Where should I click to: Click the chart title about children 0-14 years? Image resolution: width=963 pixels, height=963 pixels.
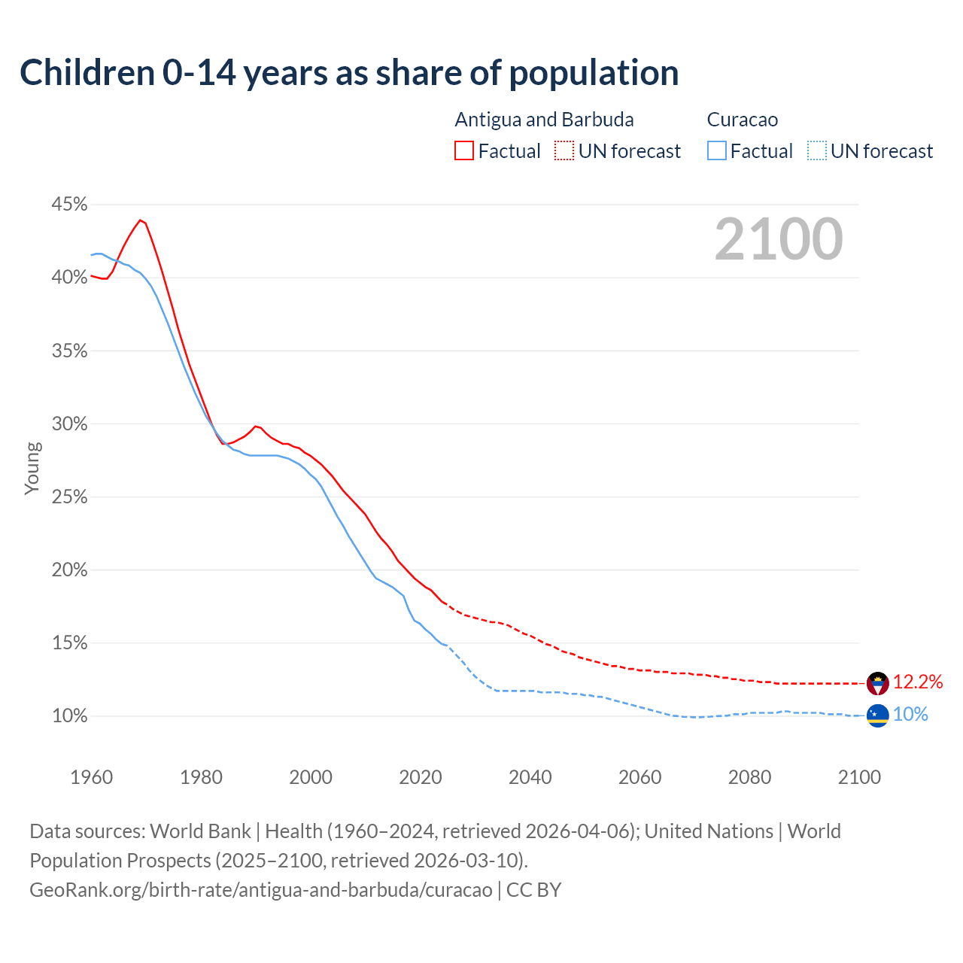[349, 73]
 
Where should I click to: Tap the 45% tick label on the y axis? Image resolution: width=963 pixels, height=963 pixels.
[69, 205]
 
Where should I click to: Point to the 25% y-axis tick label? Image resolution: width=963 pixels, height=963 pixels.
[69, 497]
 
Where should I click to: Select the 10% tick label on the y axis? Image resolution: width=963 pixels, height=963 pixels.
[69, 716]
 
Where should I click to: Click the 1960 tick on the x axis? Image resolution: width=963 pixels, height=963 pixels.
[91, 777]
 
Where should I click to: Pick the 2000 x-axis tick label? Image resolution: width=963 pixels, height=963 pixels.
[311, 777]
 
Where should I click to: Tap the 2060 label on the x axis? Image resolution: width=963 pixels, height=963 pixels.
[639, 777]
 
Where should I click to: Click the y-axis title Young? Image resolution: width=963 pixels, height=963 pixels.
[32, 468]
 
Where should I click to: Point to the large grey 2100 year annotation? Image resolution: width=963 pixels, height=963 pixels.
[779, 239]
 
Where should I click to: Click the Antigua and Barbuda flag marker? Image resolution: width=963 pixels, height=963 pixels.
[877, 683]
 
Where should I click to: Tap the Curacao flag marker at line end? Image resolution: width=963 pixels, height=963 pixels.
[877, 715]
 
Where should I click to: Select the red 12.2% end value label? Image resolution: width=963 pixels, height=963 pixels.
[917, 682]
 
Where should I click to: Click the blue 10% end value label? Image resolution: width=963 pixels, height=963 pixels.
[910, 715]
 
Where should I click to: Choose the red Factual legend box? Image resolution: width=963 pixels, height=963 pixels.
[464, 151]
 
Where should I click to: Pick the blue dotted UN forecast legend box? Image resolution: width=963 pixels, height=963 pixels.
[817, 151]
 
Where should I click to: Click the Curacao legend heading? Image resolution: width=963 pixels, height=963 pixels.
[743, 120]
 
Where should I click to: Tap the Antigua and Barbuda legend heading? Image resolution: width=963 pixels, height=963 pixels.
[544, 120]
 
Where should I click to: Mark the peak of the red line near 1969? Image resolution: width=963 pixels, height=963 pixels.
[140, 220]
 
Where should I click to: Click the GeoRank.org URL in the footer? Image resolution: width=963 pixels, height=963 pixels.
[260, 890]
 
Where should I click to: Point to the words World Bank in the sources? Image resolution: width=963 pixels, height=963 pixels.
[200, 831]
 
